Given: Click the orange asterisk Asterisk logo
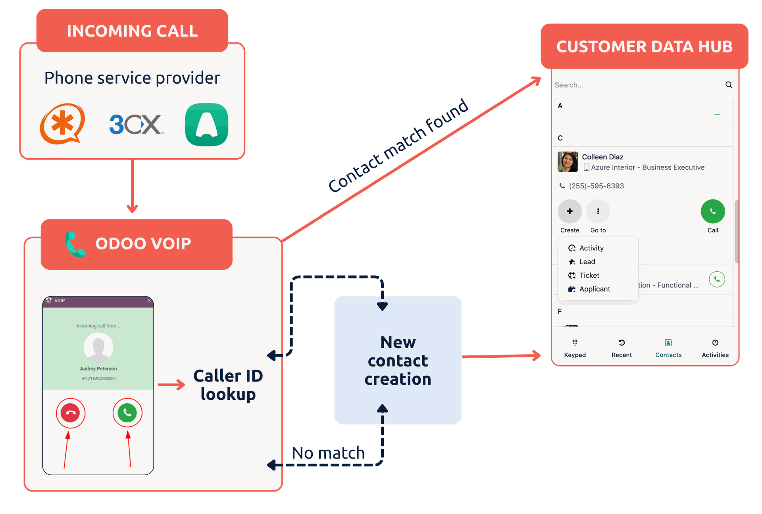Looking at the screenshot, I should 62,124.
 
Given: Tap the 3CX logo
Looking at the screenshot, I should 136,125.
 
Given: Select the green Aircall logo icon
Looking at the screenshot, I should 206,125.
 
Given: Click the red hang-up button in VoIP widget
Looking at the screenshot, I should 71,413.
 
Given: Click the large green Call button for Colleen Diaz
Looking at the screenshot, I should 712,211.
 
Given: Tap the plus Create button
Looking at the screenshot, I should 570,211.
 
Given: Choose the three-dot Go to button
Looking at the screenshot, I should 598,211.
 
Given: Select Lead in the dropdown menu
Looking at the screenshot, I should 587,262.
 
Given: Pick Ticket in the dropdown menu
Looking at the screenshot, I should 589,275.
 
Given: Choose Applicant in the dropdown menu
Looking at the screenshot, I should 594,289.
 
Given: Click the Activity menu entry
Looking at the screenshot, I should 591,248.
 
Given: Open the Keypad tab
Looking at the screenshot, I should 575,348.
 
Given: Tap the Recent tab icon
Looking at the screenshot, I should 622,343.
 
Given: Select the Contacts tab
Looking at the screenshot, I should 668,348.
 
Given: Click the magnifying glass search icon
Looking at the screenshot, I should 729,85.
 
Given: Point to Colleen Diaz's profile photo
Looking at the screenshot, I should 568,162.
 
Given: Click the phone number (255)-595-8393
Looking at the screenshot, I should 596,186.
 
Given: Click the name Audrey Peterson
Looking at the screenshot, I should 98,369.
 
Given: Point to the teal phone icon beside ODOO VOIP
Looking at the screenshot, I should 74,244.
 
